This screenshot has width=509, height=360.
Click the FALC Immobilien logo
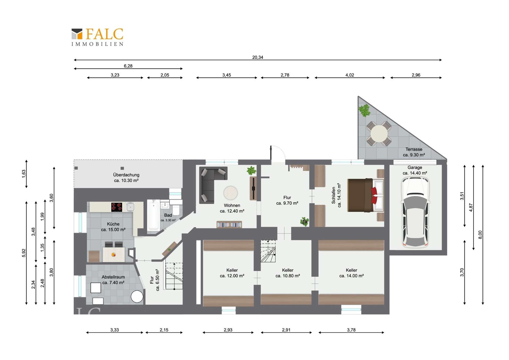tap(97, 37)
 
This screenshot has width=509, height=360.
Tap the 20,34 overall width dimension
tap(257, 57)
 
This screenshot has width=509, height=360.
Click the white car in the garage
tap(415, 212)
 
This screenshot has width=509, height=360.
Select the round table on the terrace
tap(379, 133)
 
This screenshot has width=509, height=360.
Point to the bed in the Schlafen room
tap(366, 195)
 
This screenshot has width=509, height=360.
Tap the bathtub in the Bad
tap(153, 215)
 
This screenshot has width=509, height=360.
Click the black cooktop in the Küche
tap(117, 207)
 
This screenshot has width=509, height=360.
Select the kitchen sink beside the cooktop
tap(130, 207)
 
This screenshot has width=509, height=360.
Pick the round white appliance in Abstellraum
tap(137, 297)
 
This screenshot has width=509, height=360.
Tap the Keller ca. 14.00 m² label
tap(351, 273)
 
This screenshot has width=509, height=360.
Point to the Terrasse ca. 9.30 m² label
tap(414, 152)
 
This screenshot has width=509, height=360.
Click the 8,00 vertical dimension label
tap(480, 235)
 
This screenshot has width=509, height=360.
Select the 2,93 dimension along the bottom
tap(228, 330)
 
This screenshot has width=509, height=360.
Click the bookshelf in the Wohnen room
tap(229, 224)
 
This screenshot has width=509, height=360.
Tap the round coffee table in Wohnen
tap(231, 193)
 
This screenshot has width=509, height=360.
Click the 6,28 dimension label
tap(128, 66)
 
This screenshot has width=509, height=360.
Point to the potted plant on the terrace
tap(364, 110)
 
